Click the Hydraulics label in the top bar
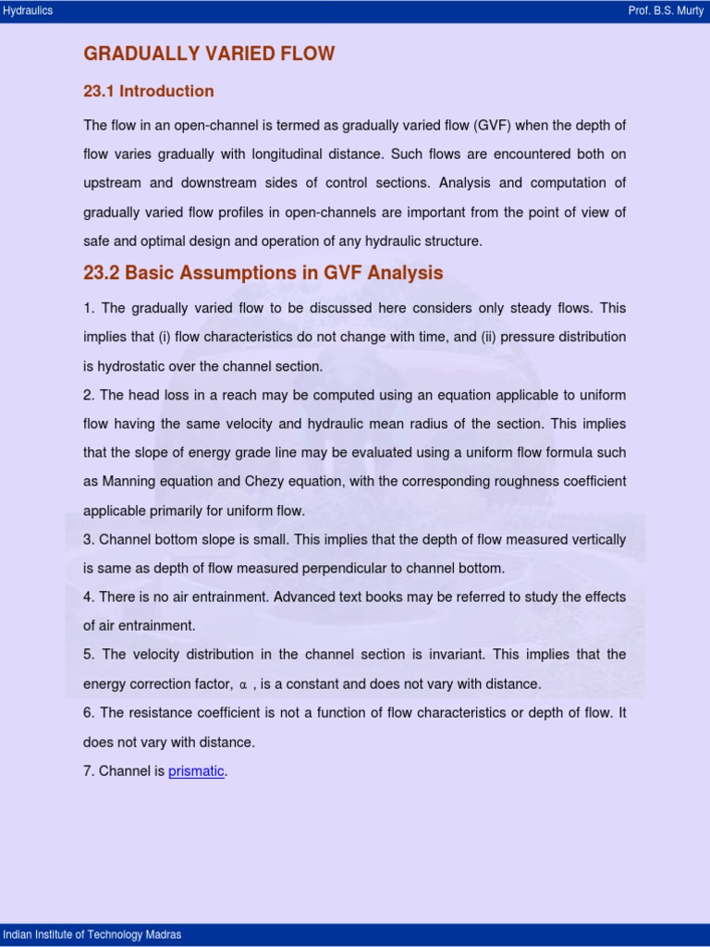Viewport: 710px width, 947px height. point(29,11)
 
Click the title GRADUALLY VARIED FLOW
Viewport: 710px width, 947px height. point(209,54)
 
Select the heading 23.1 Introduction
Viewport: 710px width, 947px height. point(149,91)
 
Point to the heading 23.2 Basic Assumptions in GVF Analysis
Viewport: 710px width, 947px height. point(263,273)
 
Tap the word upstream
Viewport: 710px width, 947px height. point(114,183)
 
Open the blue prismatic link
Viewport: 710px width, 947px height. point(196,771)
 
